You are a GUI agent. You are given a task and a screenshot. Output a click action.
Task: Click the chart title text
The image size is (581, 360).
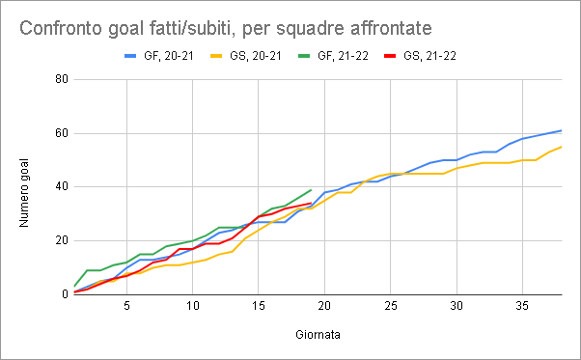(x=225, y=28)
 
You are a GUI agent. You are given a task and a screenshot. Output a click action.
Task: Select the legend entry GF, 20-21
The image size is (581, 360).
(x=159, y=56)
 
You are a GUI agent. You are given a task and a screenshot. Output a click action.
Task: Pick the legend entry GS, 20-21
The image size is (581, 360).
(x=246, y=56)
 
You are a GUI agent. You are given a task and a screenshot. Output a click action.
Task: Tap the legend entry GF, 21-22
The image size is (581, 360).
(x=334, y=56)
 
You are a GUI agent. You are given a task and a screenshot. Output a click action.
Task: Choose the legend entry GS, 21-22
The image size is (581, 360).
(x=420, y=56)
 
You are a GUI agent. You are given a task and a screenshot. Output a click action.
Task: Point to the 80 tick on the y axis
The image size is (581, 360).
(x=62, y=79)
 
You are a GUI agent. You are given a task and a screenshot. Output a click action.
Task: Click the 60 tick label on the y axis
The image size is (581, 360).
(x=62, y=133)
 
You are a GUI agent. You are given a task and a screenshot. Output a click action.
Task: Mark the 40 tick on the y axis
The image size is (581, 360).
(x=62, y=186)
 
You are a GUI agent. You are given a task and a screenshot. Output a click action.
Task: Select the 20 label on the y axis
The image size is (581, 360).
(x=62, y=240)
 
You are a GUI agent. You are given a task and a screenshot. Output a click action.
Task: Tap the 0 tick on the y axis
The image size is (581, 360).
(x=66, y=294)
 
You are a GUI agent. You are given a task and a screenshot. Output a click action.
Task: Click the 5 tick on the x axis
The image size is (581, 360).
(x=126, y=306)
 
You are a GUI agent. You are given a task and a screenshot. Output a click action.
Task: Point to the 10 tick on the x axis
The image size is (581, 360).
(x=193, y=306)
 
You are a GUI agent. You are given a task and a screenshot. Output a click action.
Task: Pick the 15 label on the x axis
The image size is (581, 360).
(x=259, y=306)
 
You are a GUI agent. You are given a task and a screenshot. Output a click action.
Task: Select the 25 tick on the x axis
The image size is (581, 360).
(x=391, y=306)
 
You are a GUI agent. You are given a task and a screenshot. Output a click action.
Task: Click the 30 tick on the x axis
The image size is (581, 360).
(x=456, y=306)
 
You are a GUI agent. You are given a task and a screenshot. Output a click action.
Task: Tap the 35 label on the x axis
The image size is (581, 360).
(x=522, y=306)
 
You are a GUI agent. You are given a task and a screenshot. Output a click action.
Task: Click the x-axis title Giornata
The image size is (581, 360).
(x=318, y=335)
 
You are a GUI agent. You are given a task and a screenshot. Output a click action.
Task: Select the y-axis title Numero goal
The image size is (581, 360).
(x=24, y=193)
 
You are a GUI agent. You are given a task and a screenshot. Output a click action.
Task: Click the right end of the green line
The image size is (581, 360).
(x=311, y=189)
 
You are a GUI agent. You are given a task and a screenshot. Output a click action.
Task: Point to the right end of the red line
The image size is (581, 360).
(x=311, y=203)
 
